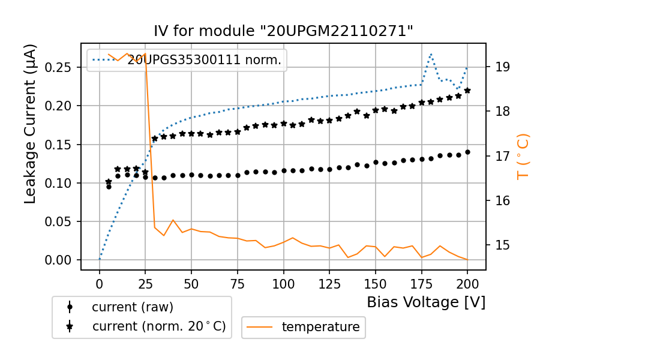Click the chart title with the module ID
tap(284, 31)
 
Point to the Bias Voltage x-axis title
tap(426, 302)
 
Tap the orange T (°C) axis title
tap(523, 156)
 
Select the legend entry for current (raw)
tap(132, 307)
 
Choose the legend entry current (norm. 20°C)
tap(158, 326)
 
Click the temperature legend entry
tap(320, 327)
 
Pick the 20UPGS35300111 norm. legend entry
tap(204, 59)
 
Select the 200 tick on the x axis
tap(467, 282)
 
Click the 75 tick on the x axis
tap(237, 282)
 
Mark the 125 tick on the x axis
tap(329, 282)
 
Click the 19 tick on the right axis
tap(502, 67)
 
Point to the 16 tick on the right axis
tap(502, 200)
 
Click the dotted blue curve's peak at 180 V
tap(431, 54)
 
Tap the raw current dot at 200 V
tap(467, 152)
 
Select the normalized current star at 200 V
tap(467, 91)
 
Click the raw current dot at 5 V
tap(109, 187)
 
